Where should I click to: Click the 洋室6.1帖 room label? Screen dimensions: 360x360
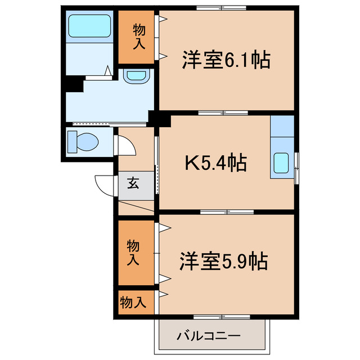(x=226, y=59)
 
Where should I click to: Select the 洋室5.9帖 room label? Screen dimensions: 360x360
(x=224, y=261)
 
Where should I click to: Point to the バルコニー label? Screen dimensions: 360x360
(x=209, y=337)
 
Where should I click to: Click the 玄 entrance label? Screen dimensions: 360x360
(x=133, y=183)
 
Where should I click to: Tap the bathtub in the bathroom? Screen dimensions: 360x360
(x=89, y=26)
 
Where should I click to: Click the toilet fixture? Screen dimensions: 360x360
(x=82, y=141)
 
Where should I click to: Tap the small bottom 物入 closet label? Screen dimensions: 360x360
(x=133, y=302)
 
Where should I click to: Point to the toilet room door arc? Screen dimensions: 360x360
(x=125, y=146)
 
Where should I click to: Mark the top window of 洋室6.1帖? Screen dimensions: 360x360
(x=222, y=7)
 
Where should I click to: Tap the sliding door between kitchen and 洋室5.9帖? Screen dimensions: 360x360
(x=225, y=212)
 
